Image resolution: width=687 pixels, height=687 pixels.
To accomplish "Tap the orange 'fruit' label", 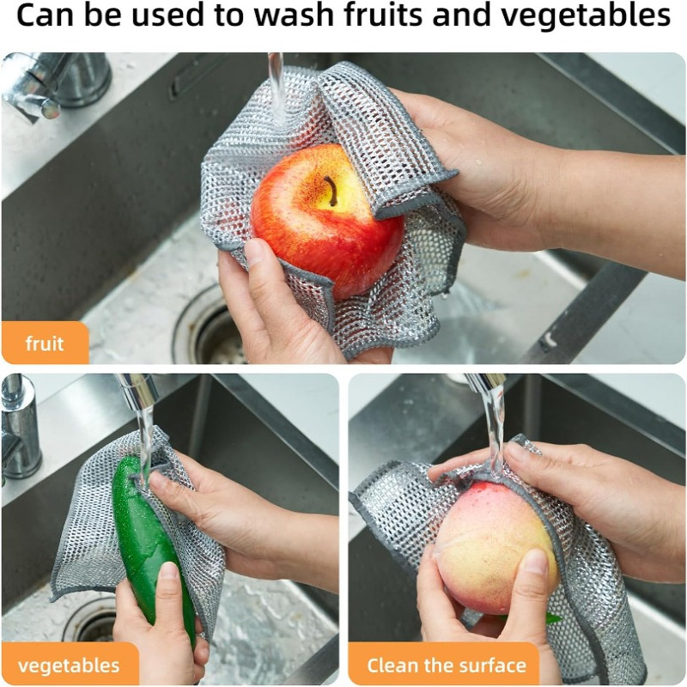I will click(x=45, y=343).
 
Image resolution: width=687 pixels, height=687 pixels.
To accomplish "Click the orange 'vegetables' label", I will click(x=69, y=666).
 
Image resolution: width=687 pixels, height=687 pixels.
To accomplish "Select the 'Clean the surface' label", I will click(x=446, y=666).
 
